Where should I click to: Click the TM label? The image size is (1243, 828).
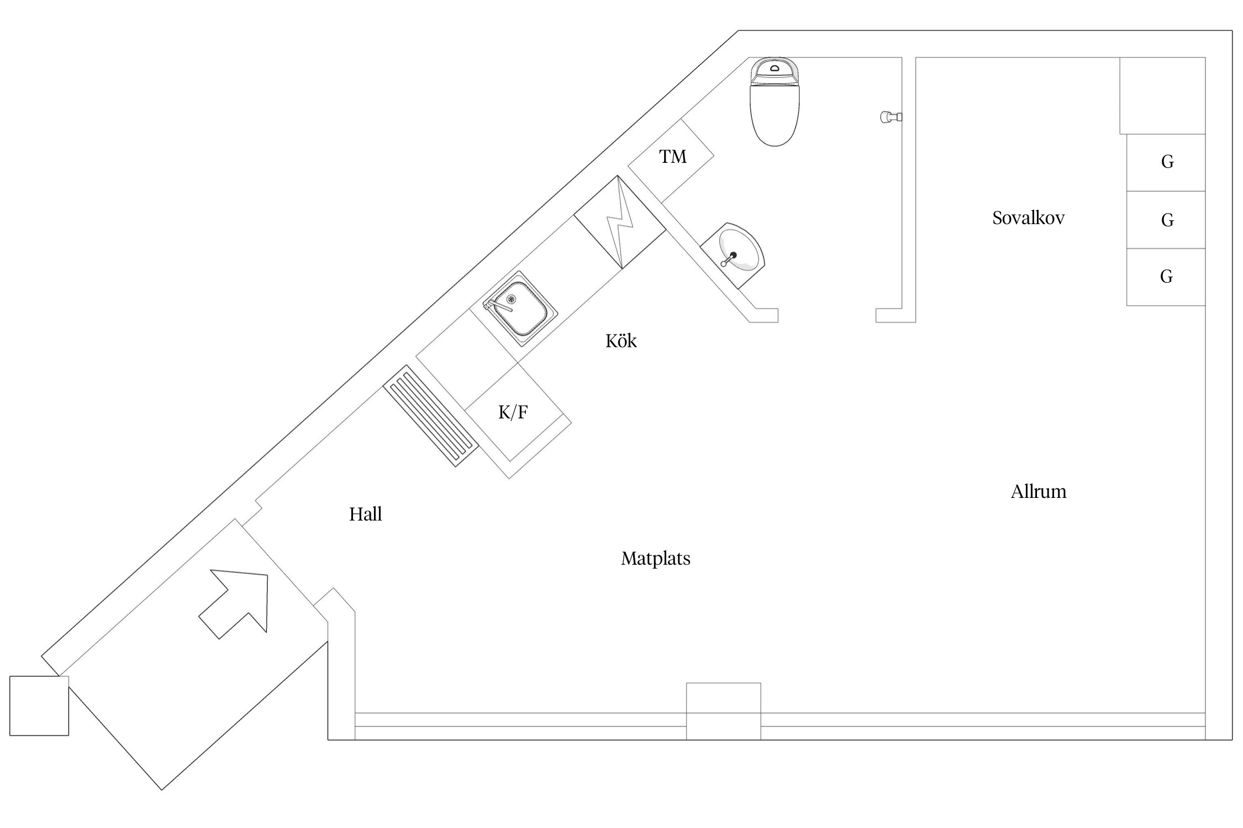672,157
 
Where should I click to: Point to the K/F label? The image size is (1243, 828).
513,412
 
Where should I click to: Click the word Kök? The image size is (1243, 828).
621,341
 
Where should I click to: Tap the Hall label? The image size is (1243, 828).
365,514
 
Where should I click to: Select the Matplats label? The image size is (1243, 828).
655,559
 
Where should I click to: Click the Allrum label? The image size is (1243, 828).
1038,492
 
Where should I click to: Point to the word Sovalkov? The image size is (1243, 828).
1028,218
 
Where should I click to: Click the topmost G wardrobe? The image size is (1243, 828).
1166,162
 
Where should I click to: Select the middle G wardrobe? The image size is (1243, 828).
1166,220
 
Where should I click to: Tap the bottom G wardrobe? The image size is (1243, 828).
1166,277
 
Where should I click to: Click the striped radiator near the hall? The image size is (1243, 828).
431,416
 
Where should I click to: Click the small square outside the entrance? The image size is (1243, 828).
39,705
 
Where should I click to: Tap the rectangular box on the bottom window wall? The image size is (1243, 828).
723,711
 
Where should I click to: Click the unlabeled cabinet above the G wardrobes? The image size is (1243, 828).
1162,95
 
